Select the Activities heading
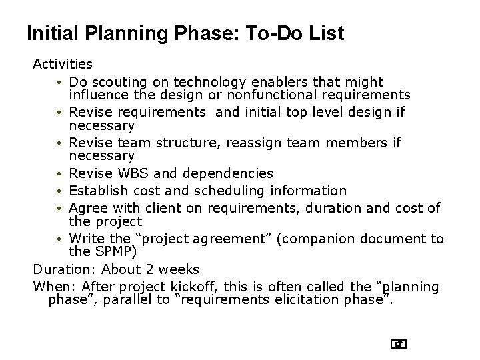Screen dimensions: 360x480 [x=63, y=65]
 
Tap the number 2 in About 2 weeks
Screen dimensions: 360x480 [x=155, y=269]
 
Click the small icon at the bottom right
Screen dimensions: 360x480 [x=399, y=344]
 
